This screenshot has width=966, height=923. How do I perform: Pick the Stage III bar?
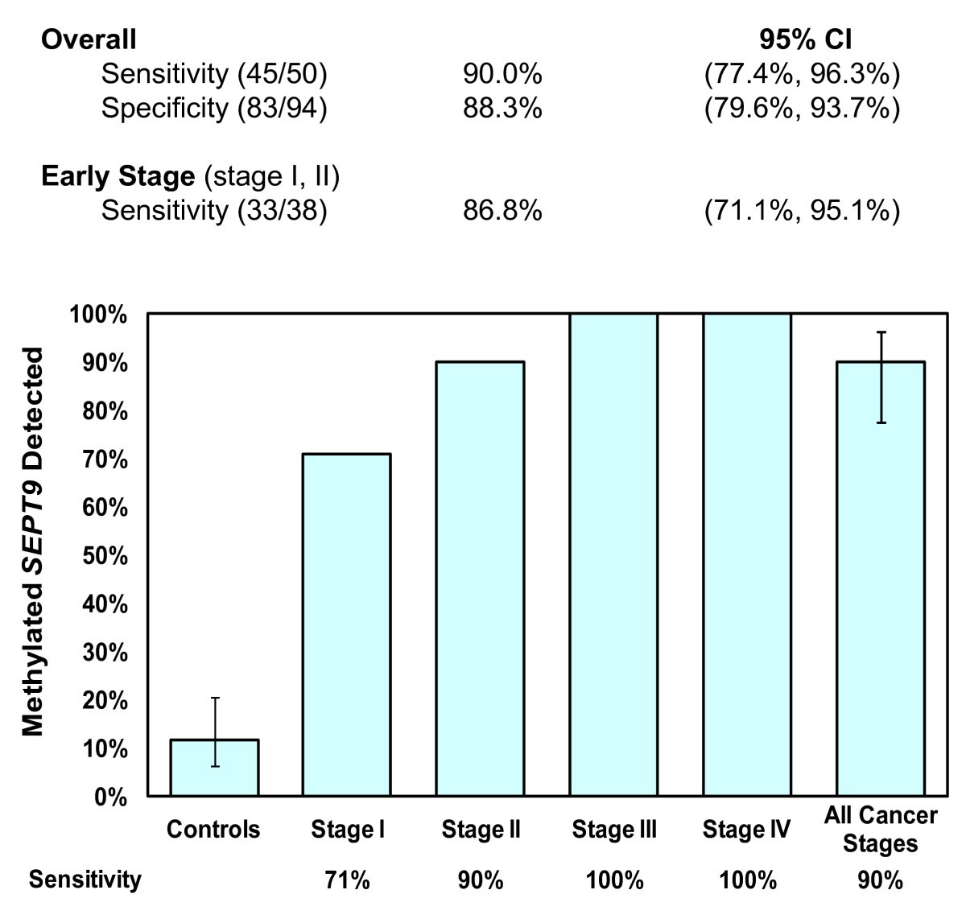[x=613, y=554]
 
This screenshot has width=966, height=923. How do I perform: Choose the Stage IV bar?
[x=747, y=554]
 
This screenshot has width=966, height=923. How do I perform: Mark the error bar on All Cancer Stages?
[x=881, y=377]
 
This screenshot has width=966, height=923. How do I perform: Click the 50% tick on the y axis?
[x=106, y=556]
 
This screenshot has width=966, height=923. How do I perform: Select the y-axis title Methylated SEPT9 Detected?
[x=32, y=542]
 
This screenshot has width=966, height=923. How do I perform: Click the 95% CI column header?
[x=805, y=39]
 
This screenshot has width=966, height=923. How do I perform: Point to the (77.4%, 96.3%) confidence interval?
[x=802, y=74]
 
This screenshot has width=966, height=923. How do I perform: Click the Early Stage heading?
[x=118, y=176]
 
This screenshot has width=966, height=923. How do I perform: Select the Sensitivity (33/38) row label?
[x=213, y=211]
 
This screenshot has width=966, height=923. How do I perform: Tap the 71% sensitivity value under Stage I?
[x=346, y=880]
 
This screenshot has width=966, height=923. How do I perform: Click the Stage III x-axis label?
[x=613, y=830]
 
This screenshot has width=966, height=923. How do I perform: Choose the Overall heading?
[x=89, y=39]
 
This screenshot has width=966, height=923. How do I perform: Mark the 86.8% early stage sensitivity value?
[x=502, y=211]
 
